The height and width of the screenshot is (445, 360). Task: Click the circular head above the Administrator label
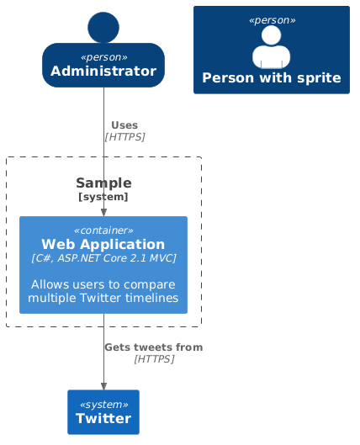(x=103, y=27)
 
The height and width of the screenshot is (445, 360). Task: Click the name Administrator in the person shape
(x=103, y=72)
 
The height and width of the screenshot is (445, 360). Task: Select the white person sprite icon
(x=271, y=47)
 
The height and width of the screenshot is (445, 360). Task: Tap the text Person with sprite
(x=271, y=78)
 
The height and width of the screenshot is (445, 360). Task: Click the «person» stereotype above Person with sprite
(x=271, y=19)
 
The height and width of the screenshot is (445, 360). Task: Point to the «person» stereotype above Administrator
(x=103, y=57)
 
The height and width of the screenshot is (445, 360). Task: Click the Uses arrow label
(x=124, y=125)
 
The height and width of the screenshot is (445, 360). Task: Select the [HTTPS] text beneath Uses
(x=124, y=137)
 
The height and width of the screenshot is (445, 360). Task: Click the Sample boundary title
(x=103, y=183)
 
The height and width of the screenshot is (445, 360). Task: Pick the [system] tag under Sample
(x=103, y=197)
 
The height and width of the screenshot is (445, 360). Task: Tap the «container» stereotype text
(x=103, y=230)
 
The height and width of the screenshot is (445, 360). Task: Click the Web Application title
(x=103, y=244)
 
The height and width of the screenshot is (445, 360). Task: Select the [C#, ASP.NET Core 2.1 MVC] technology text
(x=103, y=258)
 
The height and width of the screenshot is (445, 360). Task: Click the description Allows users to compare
(x=103, y=284)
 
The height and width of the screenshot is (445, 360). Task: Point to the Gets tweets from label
(x=153, y=347)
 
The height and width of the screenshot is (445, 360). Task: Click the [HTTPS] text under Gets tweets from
(x=153, y=359)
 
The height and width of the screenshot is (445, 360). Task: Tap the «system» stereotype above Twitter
(x=103, y=403)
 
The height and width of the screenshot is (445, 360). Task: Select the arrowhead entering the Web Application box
(x=103, y=212)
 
